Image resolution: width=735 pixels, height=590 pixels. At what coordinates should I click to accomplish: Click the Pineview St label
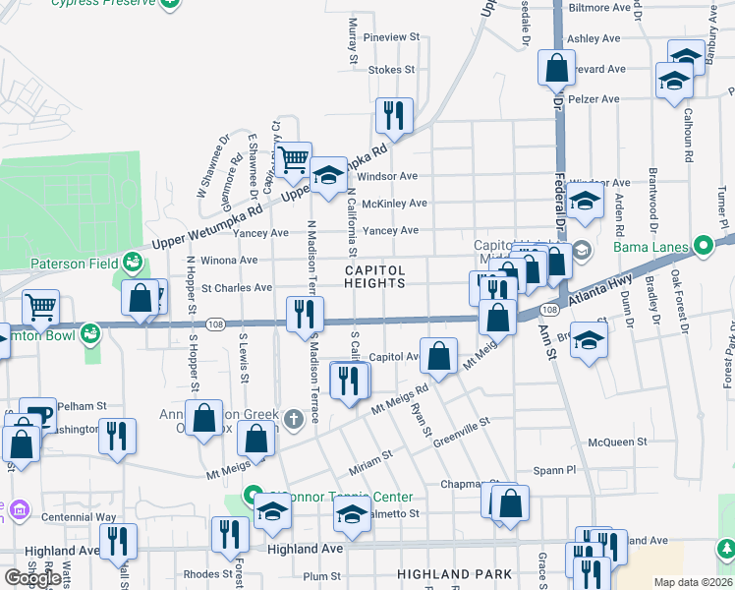[x=391, y=37]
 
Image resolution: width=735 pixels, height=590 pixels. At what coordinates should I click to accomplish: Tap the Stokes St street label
[x=391, y=70]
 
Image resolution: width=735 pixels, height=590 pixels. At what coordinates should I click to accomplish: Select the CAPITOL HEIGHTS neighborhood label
[x=374, y=276]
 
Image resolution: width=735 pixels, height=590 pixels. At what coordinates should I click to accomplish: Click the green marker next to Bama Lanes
[x=703, y=245]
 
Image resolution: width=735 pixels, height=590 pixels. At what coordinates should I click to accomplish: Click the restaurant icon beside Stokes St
[x=394, y=115]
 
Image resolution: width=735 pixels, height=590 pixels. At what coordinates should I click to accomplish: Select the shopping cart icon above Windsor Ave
[x=293, y=160]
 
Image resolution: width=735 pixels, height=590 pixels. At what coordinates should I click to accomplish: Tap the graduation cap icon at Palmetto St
[x=352, y=513]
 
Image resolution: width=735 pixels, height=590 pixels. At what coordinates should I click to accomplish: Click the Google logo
[x=32, y=578]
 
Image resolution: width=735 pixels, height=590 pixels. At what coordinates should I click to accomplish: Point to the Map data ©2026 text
[x=693, y=582]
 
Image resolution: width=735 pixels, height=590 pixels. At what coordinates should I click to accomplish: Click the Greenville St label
[x=464, y=430]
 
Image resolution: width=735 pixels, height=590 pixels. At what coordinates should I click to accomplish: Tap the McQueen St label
[x=617, y=442]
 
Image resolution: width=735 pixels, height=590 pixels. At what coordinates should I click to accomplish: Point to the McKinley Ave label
[x=394, y=204]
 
